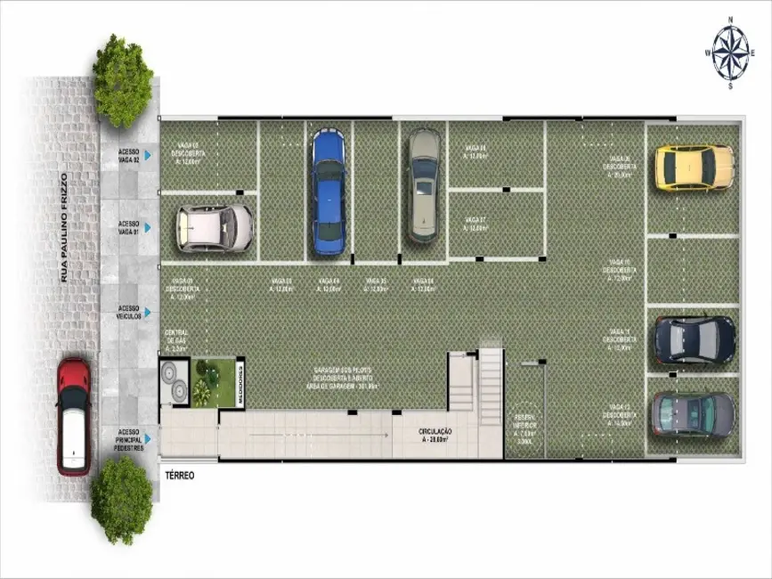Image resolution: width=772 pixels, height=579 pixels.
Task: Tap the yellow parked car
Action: pyautogui.click(x=695, y=167)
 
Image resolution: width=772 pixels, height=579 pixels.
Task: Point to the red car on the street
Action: pyautogui.click(x=74, y=416)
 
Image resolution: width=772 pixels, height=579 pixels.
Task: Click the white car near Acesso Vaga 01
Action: pyautogui.click(x=215, y=228)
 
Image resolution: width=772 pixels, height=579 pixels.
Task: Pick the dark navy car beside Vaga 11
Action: pyautogui.click(x=694, y=340)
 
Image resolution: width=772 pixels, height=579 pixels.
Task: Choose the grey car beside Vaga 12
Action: pyautogui.click(x=694, y=413)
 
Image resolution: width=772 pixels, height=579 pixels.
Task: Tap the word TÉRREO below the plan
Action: pyautogui.click(x=179, y=476)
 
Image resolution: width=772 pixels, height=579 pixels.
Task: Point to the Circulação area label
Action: pyautogui.click(x=435, y=436)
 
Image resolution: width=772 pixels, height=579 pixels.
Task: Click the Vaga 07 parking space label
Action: pyautogui.click(x=475, y=224)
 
